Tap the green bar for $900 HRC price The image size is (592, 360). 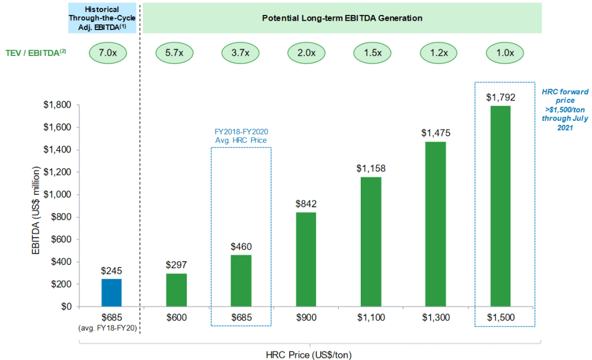tap(306, 259)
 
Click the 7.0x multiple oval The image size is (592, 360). tap(108, 53)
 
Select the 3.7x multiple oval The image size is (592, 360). tap(240, 53)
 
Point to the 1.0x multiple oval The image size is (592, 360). tap(505, 53)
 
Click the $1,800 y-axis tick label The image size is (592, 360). tap(58, 105)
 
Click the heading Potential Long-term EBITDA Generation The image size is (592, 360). tap(342, 18)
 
